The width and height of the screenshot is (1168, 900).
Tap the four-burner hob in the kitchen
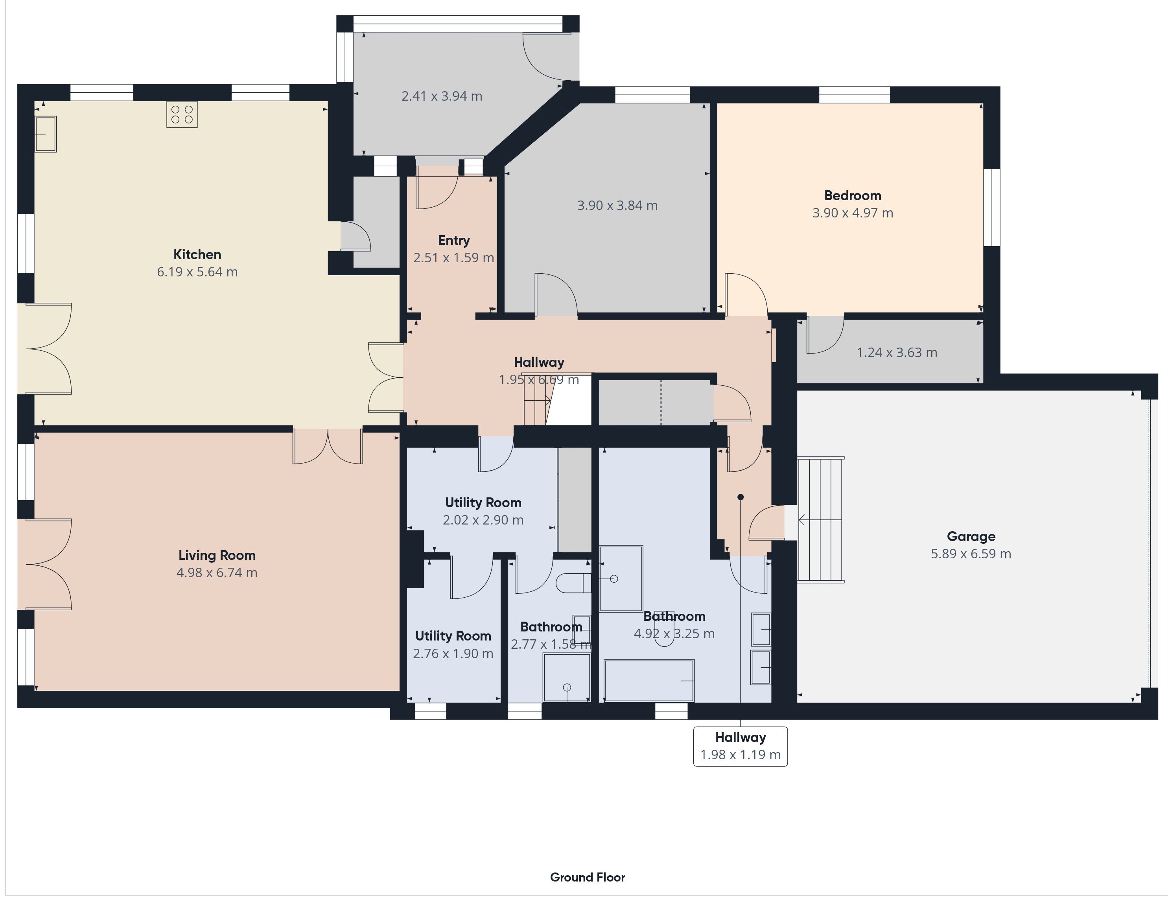click(x=182, y=114)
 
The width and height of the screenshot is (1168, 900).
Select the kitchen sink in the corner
click(x=46, y=134)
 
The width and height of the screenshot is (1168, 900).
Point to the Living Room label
click(x=217, y=555)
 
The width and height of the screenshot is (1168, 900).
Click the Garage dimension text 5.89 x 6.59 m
click(x=971, y=554)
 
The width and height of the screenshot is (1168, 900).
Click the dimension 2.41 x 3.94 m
click(x=442, y=96)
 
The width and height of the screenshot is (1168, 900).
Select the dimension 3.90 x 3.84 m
click(x=617, y=205)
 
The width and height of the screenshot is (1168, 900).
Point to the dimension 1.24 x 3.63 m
click(x=897, y=352)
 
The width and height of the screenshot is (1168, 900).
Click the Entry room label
click(x=453, y=241)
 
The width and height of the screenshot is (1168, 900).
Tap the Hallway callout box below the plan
click(x=740, y=746)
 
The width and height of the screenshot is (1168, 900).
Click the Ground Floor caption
click(x=587, y=877)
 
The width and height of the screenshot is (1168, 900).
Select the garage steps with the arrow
click(x=820, y=519)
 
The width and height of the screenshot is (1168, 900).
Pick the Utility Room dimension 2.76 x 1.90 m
click(x=453, y=653)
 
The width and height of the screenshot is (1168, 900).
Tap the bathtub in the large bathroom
click(x=649, y=680)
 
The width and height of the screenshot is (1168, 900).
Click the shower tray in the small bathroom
click(x=566, y=676)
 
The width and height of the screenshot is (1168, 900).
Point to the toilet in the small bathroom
click(x=573, y=583)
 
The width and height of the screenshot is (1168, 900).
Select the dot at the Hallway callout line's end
click(x=740, y=497)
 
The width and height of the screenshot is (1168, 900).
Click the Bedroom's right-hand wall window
click(x=992, y=208)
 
